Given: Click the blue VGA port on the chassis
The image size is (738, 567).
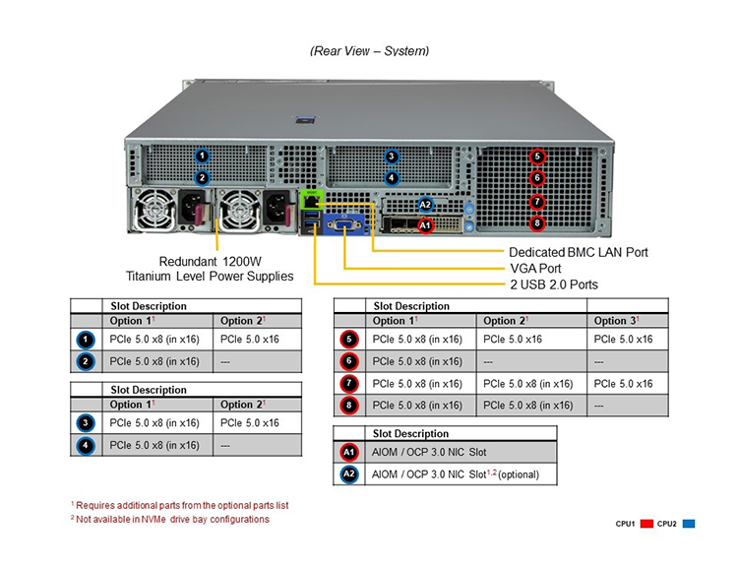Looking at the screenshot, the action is pyautogui.click(x=345, y=224).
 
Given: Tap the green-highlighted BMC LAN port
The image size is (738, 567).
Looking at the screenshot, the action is pyautogui.click(x=312, y=200).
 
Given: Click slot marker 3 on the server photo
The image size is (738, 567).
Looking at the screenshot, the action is pyautogui.click(x=391, y=157).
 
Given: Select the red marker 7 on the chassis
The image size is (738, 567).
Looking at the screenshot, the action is pyautogui.click(x=537, y=202).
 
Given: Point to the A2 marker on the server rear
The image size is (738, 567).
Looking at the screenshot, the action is pyautogui.click(x=425, y=205).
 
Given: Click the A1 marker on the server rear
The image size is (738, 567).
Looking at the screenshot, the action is pyautogui.click(x=425, y=225).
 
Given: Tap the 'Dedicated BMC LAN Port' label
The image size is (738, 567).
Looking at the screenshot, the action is pyautogui.click(x=579, y=252).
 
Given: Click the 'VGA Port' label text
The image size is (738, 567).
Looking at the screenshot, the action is pyautogui.click(x=535, y=269).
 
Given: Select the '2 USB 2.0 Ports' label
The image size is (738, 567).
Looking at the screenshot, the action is pyautogui.click(x=554, y=284).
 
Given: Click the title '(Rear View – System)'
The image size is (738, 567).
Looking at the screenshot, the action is pyautogui.click(x=369, y=51).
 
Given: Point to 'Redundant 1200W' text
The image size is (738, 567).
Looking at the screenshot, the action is pyautogui.click(x=210, y=262).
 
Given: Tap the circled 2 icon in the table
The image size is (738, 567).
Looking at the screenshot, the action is pyautogui.click(x=86, y=361).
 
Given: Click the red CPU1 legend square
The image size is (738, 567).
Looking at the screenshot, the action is pyautogui.click(x=646, y=524).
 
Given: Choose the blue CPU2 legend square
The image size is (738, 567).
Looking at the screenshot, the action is pyautogui.click(x=689, y=524).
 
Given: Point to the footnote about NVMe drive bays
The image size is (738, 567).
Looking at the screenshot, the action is pyautogui.click(x=170, y=519).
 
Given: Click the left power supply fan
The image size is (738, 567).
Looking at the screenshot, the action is pyautogui.click(x=154, y=211).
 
